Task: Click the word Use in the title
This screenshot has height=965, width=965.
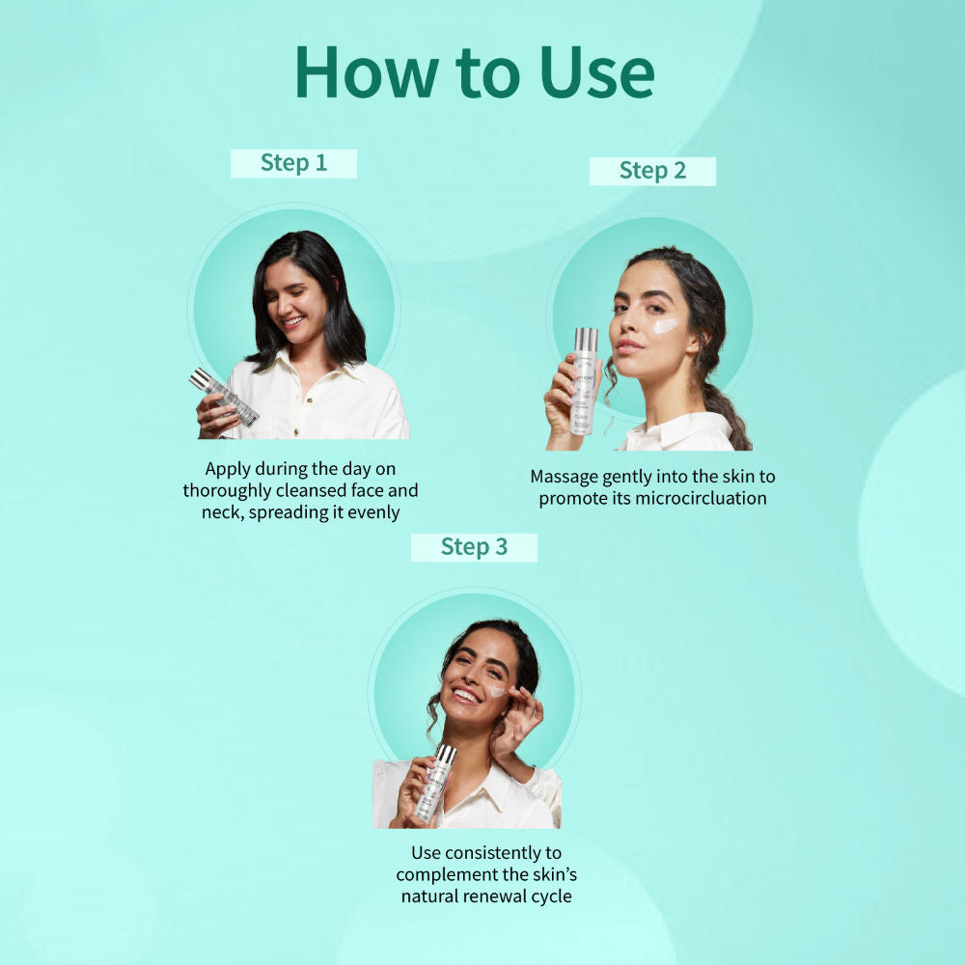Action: pyautogui.click(x=596, y=72)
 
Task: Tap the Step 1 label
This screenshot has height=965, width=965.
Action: pyautogui.click(x=293, y=163)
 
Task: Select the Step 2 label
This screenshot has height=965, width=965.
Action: pyautogui.click(x=652, y=171)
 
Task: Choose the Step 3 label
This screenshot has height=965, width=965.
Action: pyautogui.click(x=474, y=547)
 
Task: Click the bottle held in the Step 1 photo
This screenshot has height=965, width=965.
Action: pyautogui.click(x=224, y=397)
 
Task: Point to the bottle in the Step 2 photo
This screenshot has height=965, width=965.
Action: pyautogui.click(x=584, y=381)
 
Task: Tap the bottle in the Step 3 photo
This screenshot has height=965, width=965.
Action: pyautogui.click(x=435, y=784)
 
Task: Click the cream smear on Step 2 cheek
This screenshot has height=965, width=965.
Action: pyautogui.click(x=665, y=325)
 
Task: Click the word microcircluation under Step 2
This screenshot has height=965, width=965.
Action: pyautogui.click(x=701, y=498)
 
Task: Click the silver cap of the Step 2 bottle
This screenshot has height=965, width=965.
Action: pyautogui.click(x=586, y=339)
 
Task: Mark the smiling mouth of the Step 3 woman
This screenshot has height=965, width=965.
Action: pyautogui.click(x=466, y=696)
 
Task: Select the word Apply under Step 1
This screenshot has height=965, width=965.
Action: pyautogui.click(x=228, y=470)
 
